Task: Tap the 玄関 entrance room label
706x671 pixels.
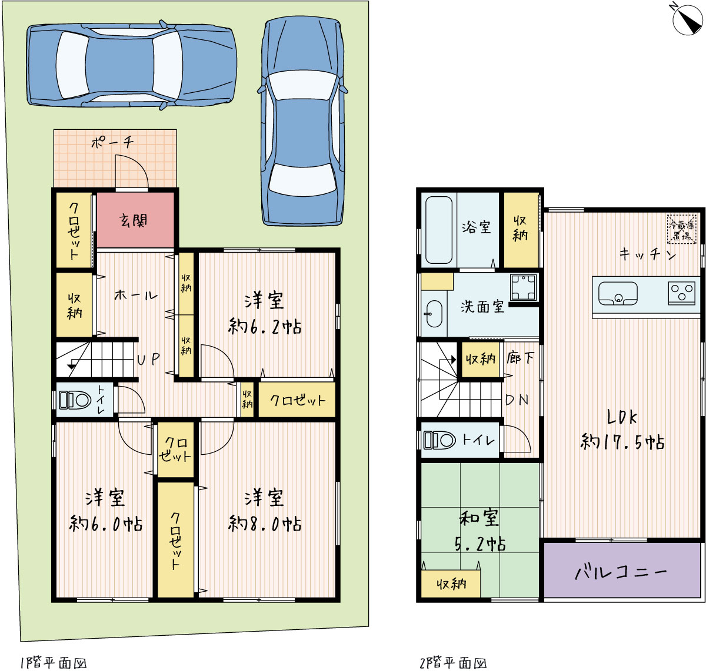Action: point(134,220)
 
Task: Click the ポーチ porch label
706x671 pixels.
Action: point(112,142)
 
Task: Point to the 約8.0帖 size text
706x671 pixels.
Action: point(265,524)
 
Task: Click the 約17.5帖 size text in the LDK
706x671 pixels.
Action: point(622,441)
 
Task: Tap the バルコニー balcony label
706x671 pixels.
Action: point(621,572)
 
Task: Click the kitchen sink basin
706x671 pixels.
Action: point(618,294)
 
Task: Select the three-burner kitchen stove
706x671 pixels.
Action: point(681,293)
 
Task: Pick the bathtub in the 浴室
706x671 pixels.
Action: point(438,230)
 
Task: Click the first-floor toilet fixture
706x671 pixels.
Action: point(75,400)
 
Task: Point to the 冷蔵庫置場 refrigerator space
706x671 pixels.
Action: point(681,229)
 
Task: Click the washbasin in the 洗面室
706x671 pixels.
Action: point(434,314)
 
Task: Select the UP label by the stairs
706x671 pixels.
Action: point(148,359)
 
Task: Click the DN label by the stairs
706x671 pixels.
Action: point(517,400)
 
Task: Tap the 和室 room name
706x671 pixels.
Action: point(479,518)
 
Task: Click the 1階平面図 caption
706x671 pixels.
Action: point(53,663)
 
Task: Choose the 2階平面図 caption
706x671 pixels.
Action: point(453,663)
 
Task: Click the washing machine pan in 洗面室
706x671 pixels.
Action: point(523,287)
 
